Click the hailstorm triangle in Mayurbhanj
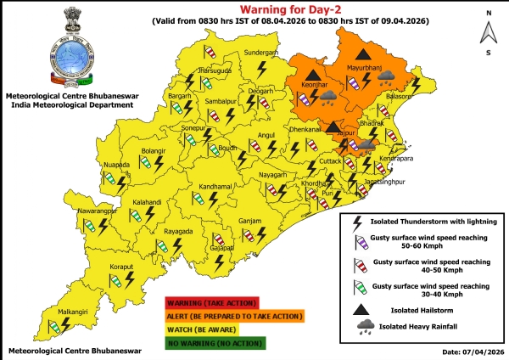pyautogui.click(x=361, y=53)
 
